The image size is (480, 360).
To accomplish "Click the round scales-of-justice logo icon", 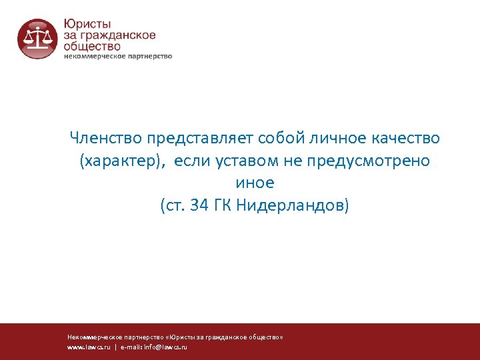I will click(38, 39).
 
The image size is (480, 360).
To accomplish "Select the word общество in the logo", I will click(92, 46).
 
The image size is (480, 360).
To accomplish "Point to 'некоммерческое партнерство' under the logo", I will click(118, 57).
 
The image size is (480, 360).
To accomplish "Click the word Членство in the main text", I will click(106, 138).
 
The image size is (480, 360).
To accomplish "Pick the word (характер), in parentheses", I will click(122, 161).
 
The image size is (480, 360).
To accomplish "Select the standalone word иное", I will click(255, 183).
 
